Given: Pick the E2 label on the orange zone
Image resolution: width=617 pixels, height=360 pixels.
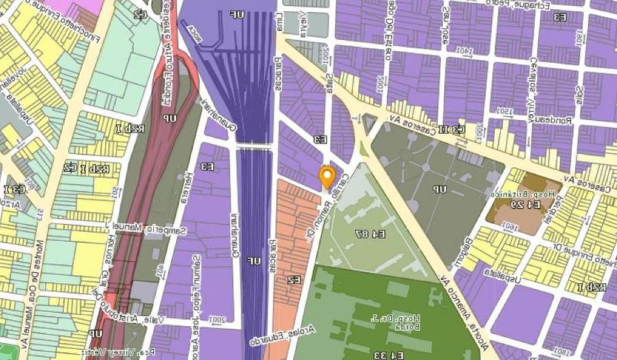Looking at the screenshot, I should coord(294,280).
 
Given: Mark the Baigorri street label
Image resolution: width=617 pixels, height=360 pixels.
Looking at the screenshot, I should coord(461,253).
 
